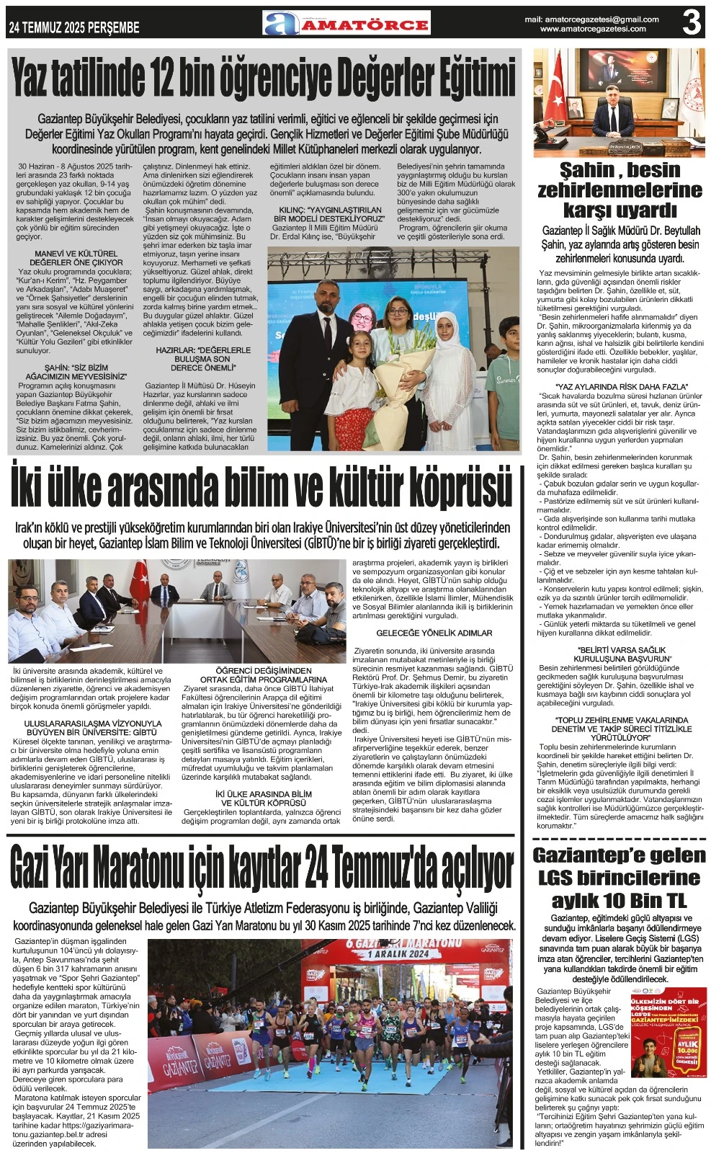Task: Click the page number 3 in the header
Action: point(691,22)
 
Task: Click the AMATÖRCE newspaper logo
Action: point(346,24)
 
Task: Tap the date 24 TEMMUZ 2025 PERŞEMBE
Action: point(74,27)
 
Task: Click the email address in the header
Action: point(591,19)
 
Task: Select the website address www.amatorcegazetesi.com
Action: point(592,30)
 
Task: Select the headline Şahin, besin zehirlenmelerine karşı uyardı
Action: point(620,190)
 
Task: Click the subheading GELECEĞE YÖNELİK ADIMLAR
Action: point(434,633)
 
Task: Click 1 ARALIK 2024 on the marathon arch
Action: point(408,953)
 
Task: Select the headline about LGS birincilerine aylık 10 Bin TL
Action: point(620,878)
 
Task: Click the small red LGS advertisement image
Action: point(668,1033)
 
